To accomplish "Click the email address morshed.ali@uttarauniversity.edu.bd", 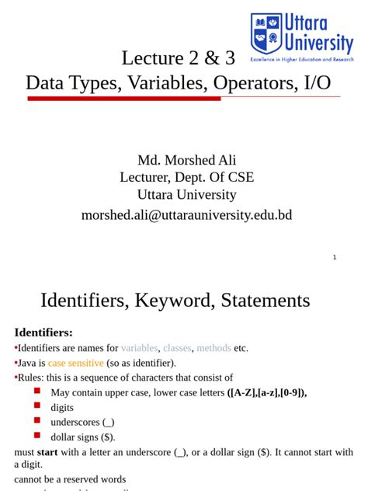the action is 186,215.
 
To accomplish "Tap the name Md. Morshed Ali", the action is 186,160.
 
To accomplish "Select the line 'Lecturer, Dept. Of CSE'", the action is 186,177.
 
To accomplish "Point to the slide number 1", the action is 335,257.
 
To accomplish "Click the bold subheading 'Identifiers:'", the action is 43,333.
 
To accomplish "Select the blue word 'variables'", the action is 140,348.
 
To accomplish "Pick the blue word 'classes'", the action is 177,348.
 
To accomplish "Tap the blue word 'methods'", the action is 214,348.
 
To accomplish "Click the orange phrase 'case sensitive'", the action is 75,363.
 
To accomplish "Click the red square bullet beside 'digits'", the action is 37,406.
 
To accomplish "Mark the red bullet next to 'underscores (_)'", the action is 37,421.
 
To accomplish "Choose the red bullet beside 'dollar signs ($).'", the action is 37,436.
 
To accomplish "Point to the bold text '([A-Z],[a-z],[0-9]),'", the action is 267,392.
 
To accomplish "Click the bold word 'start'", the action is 47,452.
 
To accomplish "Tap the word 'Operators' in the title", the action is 248,83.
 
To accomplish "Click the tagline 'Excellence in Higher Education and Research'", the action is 301,59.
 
